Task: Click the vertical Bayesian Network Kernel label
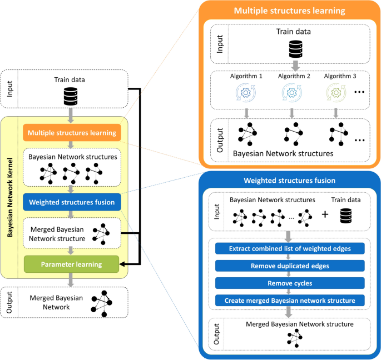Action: point(11,198)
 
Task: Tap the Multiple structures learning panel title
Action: point(290,11)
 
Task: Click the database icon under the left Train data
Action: point(70,96)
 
